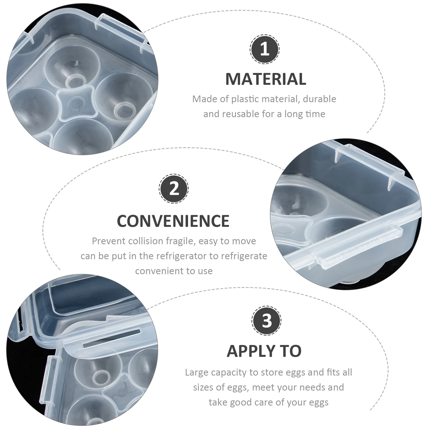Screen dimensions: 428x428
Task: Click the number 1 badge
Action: click(265, 49)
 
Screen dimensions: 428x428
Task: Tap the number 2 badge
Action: click(174, 189)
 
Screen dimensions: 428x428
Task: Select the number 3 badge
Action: click(266, 320)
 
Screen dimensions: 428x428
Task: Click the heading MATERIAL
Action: click(266, 79)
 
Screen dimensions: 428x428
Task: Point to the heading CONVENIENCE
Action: click(173, 221)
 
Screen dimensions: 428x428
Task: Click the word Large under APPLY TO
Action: click(197, 372)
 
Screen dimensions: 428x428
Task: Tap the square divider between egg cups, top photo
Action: click(77, 103)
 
